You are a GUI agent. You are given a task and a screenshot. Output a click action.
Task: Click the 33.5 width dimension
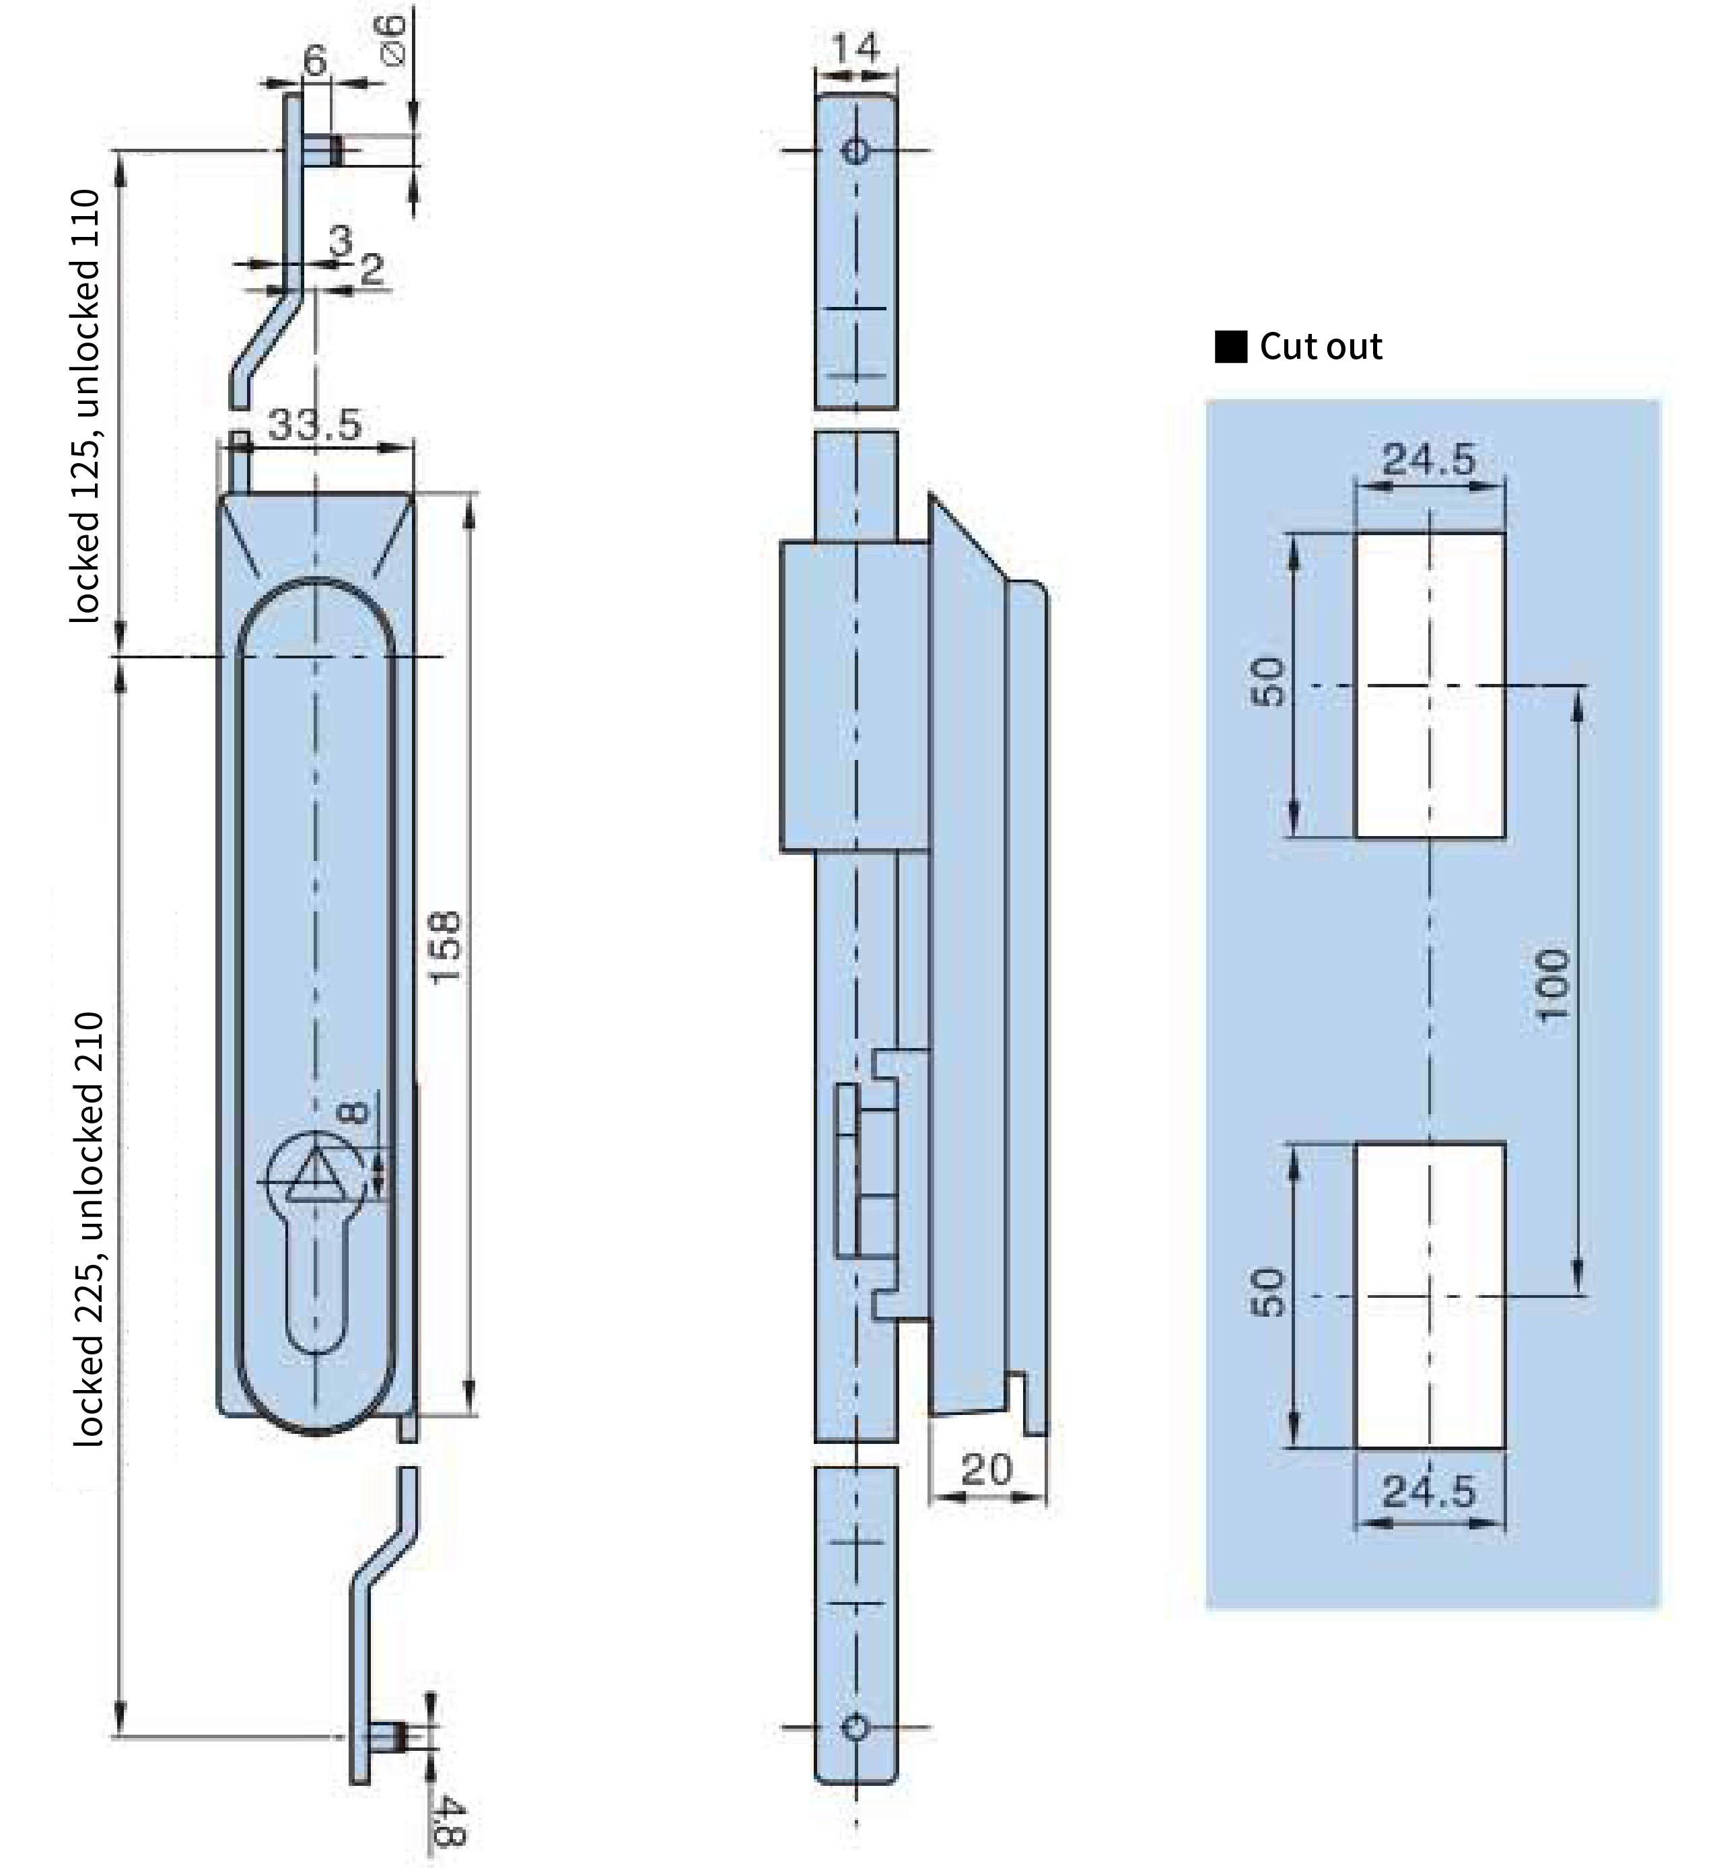314,425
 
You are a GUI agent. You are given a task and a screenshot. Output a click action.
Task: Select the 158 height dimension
444,947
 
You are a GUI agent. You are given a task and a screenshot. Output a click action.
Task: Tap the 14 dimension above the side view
855,48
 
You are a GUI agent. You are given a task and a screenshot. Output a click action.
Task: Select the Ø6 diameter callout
393,40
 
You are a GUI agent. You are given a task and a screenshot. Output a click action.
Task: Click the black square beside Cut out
1231,347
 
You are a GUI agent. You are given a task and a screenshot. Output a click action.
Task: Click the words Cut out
1321,347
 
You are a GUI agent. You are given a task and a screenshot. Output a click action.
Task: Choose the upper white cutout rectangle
1430,685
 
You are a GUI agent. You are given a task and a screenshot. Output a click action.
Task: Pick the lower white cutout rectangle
1430,1295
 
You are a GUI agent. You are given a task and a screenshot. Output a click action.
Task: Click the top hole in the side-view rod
855,150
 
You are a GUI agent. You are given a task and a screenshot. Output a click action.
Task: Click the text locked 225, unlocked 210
89,1229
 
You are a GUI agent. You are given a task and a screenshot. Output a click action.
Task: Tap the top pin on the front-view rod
322,150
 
